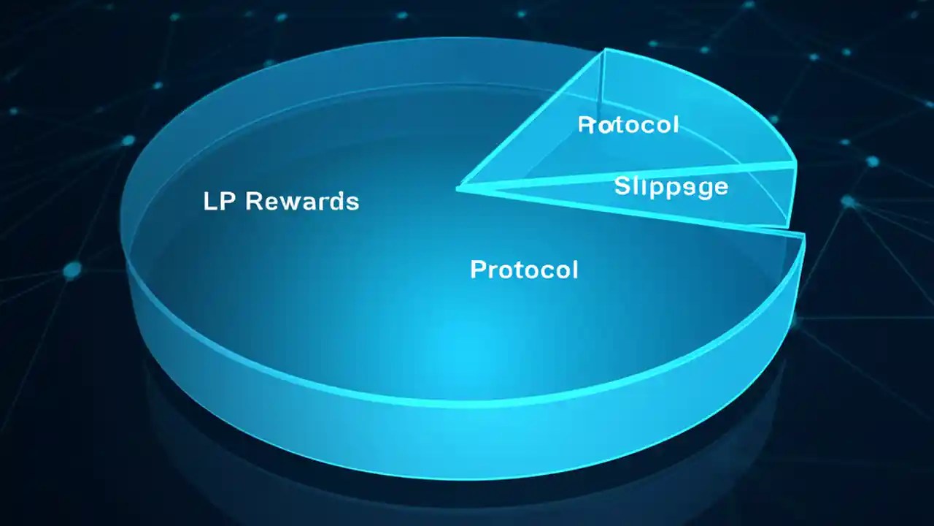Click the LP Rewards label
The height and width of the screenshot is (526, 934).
pyautogui.click(x=281, y=201)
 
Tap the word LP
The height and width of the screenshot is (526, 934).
pyautogui.click(x=219, y=201)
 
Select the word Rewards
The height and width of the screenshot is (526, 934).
pyautogui.click(x=302, y=201)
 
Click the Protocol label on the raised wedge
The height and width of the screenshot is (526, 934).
pyautogui.click(x=628, y=125)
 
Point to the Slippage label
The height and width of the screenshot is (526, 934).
pyautogui.click(x=671, y=187)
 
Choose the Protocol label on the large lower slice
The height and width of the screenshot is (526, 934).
pyautogui.click(x=524, y=270)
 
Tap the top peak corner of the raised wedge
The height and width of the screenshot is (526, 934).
pyautogui.click(x=606, y=50)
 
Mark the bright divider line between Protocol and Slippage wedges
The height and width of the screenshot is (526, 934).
pyautogui.click(x=628, y=178)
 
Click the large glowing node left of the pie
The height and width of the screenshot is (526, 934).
pyautogui.click(x=72, y=271)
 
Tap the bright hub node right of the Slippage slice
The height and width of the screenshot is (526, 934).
pyautogui.click(x=849, y=201)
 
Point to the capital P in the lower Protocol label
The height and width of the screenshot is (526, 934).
pyautogui.click(x=478, y=270)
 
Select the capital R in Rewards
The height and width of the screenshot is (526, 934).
pyautogui.click(x=253, y=201)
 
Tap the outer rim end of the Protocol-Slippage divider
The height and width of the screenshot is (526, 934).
pyautogui.click(x=794, y=166)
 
